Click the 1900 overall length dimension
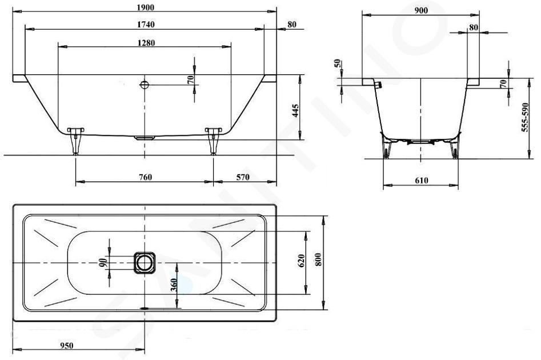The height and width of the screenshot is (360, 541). [145, 7]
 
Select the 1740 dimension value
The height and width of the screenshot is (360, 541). [146, 25]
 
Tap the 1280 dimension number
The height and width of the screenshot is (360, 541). [146, 43]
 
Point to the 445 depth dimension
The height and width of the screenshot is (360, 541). [295, 110]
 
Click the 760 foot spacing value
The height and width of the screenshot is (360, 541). [145, 177]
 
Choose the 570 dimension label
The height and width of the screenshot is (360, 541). [243, 177]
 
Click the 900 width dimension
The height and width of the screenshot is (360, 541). [421, 11]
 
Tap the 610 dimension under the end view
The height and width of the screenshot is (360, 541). [422, 180]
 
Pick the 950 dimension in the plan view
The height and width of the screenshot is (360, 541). [67, 346]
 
